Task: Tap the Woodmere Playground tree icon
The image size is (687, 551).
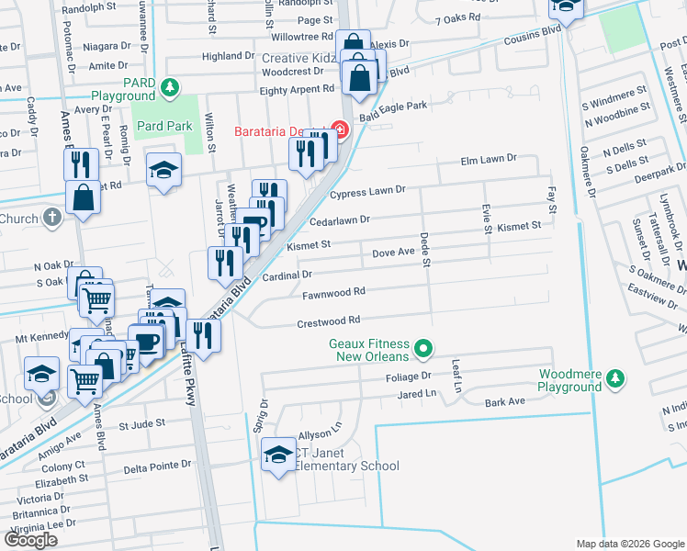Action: (x=616, y=378)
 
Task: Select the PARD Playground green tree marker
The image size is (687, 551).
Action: (x=168, y=88)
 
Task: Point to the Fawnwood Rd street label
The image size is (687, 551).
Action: (x=335, y=292)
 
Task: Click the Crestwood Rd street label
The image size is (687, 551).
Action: (x=327, y=322)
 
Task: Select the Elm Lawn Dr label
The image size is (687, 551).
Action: (x=489, y=159)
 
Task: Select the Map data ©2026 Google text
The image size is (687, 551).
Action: (x=629, y=544)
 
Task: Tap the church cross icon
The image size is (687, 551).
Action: (x=52, y=218)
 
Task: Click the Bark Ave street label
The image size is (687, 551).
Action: (x=503, y=401)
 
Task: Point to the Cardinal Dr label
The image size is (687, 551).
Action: (x=287, y=275)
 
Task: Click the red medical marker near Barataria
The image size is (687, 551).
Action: (x=340, y=130)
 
